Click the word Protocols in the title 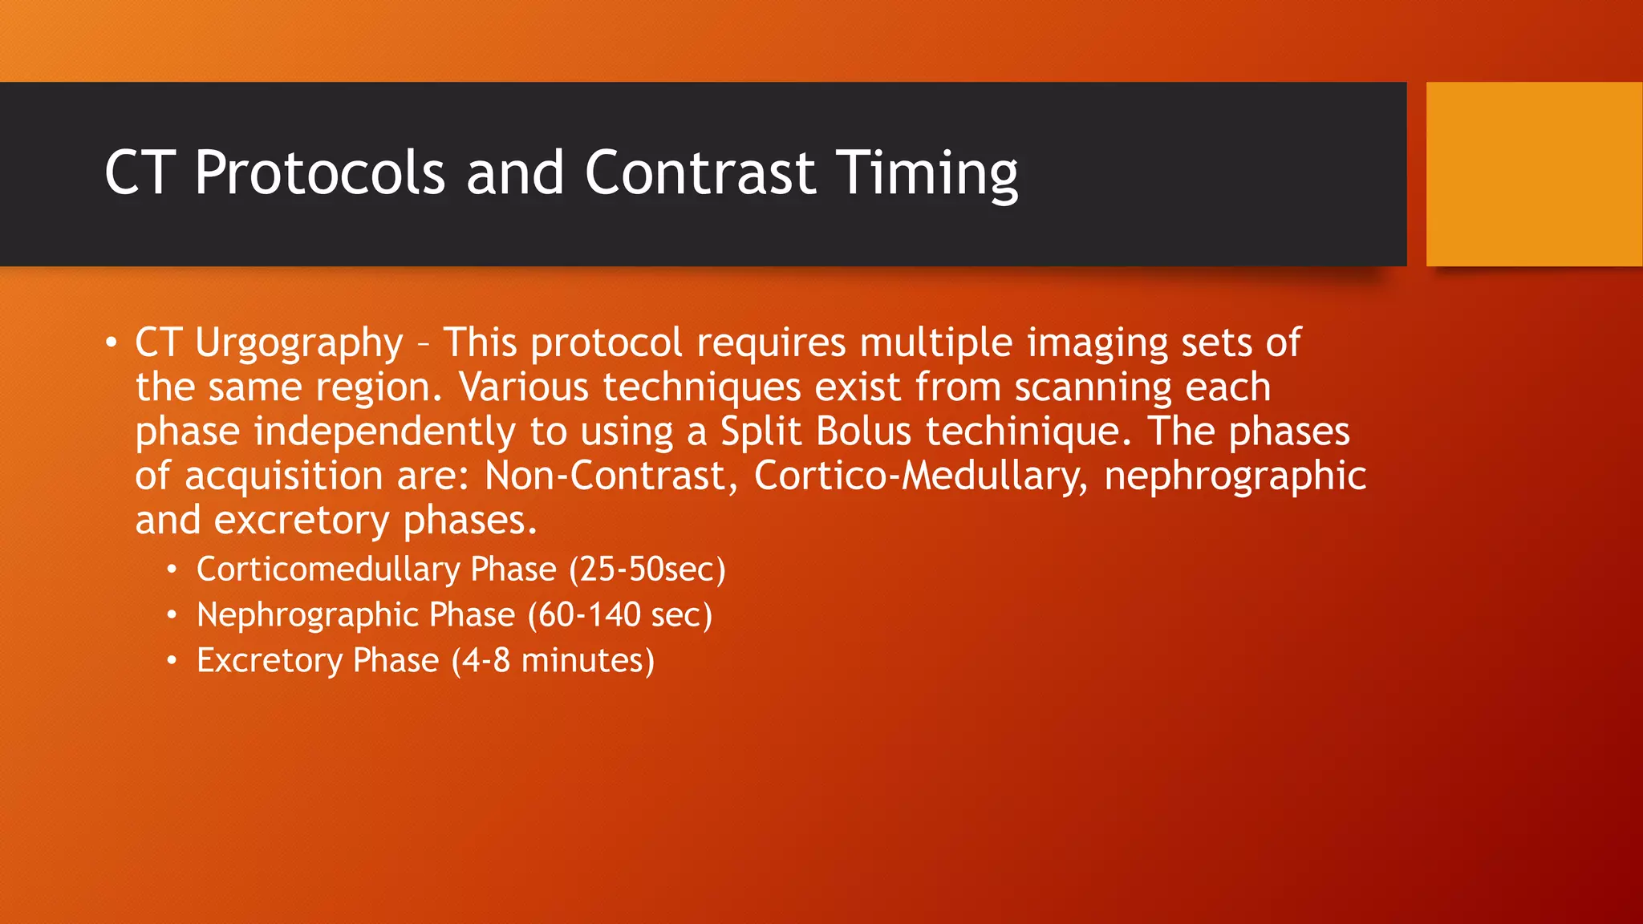click(319, 173)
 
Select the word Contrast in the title click(700, 173)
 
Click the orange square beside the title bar click(1534, 174)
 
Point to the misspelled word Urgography click(298, 343)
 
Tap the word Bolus click(863, 432)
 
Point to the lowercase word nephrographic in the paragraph click(1235, 476)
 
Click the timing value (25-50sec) click(647, 569)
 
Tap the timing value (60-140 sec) click(620, 615)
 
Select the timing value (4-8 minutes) click(553, 661)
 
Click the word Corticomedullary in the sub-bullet click(328, 569)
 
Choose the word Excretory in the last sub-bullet click(270, 661)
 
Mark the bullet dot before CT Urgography click(111, 343)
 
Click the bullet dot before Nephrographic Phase click(171, 615)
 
